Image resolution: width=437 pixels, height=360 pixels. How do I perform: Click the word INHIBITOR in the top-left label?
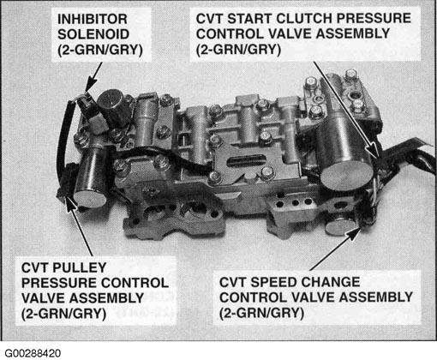pos(93,19)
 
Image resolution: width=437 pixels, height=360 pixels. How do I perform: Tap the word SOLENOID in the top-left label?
pos(93,34)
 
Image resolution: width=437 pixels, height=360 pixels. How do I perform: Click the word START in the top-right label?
pos(250,19)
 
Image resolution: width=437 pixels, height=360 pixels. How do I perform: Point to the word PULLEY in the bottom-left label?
pos(80,267)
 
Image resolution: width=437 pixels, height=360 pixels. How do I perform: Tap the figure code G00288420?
pos(33,353)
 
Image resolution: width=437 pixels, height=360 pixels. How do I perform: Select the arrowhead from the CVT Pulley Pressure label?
pos(71,203)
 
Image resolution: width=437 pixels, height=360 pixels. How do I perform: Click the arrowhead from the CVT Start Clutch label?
pos(374,151)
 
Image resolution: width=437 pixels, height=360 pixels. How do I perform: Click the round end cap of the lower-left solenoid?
pos(90,198)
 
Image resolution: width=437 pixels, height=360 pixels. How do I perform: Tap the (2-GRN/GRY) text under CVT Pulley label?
pos(63,314)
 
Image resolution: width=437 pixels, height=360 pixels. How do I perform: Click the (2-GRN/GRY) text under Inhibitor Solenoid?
pos(100,51)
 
